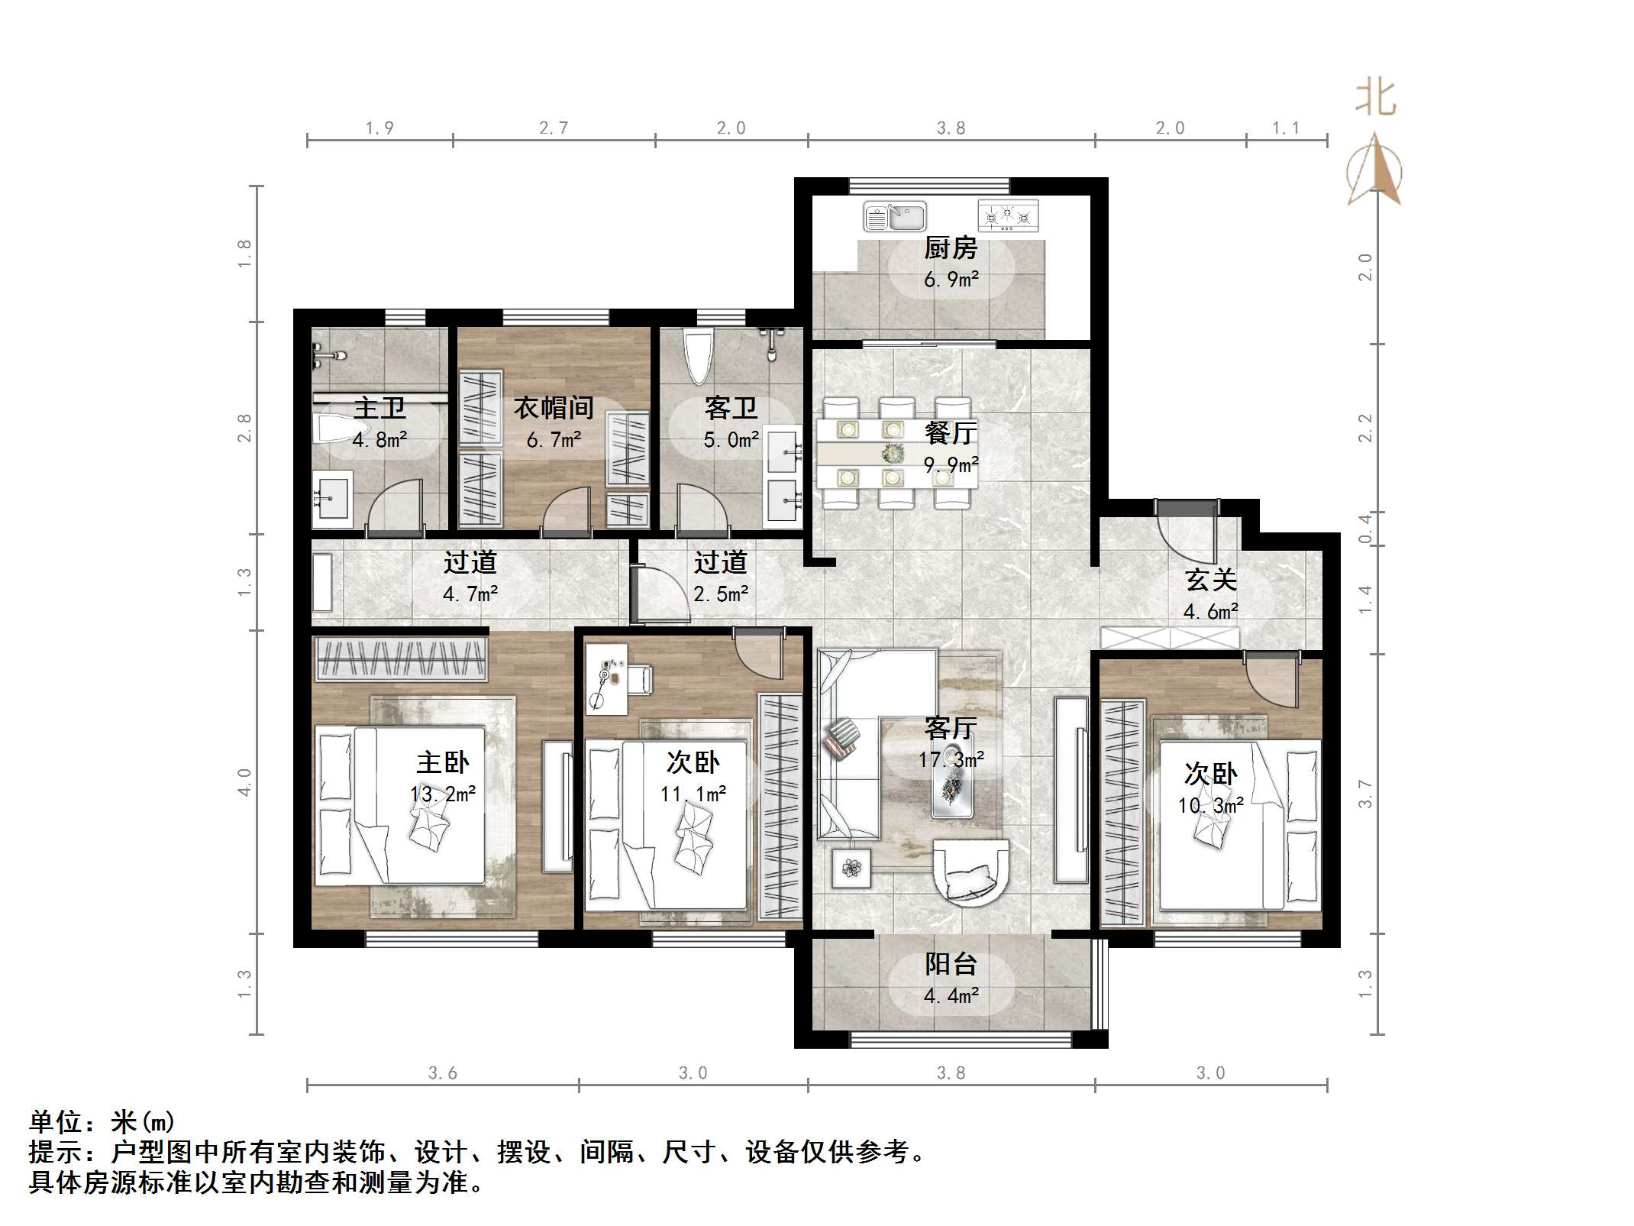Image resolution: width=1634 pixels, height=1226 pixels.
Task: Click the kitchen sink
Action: tap(894, 216)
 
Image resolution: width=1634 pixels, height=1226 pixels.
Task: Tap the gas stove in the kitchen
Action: tap(1008, 216)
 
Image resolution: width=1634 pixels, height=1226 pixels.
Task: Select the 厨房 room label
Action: tap(951, 248)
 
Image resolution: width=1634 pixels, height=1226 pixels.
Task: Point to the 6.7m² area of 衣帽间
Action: tap(554, 440)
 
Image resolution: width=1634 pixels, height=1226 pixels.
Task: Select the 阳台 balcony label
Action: tap(951, 964)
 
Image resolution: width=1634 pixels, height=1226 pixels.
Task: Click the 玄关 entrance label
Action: tap(1211, 580)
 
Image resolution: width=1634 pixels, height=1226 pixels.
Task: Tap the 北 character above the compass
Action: tap(1376, 99)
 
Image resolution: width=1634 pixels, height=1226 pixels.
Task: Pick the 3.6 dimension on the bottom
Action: tap(442, 1073)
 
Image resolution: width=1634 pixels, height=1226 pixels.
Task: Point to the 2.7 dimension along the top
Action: tap(554, 128)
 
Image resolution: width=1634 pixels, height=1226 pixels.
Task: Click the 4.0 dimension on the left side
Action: tap(244, 782)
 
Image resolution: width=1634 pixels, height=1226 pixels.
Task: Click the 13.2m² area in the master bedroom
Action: tap(443, 794)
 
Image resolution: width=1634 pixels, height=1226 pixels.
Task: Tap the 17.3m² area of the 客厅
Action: tap(951, 759)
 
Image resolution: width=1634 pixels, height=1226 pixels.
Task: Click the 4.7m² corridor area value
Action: tap(470, 594)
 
